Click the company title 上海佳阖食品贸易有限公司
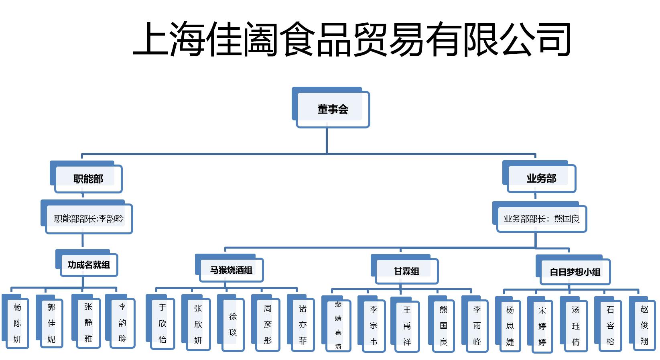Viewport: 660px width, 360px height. pyautogui.click(x=351, y=39)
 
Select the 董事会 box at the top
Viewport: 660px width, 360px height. pyautogui.click(x=332, y=109)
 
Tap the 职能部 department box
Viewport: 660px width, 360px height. pyautogui.click(x=88, y=179)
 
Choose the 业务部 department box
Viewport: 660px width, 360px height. pyautogui.click(x=541, y=178)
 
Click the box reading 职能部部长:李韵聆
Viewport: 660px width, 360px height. pyautogui.click(x=89, y=219)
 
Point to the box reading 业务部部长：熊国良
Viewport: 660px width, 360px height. pyautogui.click(x=541, y=219)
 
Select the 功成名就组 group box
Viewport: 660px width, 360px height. pyautogui.click(x=89, y=265)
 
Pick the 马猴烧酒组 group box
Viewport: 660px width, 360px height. pyautogui.click(x=231, y=270)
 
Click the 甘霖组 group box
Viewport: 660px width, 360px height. pyautogui.click(x=406, y=271)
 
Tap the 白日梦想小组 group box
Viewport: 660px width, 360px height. pyautogui.click(x=575, y=272)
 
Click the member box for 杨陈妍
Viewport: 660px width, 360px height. pyautogui.click(x=17, y=323)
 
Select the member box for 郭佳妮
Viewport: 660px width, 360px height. pyautogui.click(x=51, y=323)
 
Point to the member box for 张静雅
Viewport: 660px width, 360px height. pyautogui.click(x=88, y=323)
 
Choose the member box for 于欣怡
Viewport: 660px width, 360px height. pyautogui.click(x=162, y=323)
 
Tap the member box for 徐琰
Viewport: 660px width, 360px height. pyautogui.click(x=233, y=324)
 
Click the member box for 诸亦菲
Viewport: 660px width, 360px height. pyautogui.click(x=303, y=325)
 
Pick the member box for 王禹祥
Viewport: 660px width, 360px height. pyautogui.click(x=407, y=326)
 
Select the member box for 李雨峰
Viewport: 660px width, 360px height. pyautogui.click(x=477, y=326)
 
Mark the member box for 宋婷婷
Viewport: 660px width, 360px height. pyautogui.click(x=542, y=326)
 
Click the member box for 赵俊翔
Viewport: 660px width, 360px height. pyautogui.click(x=644, y=325)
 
